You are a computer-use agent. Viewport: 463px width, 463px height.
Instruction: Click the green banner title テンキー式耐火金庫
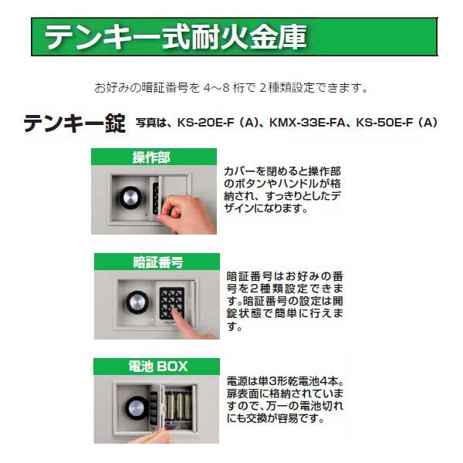tap(176, 36)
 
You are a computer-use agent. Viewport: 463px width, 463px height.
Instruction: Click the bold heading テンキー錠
tap(74, 123)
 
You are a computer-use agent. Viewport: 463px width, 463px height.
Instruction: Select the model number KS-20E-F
tap(203, 123)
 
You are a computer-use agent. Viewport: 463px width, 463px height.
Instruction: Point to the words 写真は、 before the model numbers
tap(152, 123)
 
